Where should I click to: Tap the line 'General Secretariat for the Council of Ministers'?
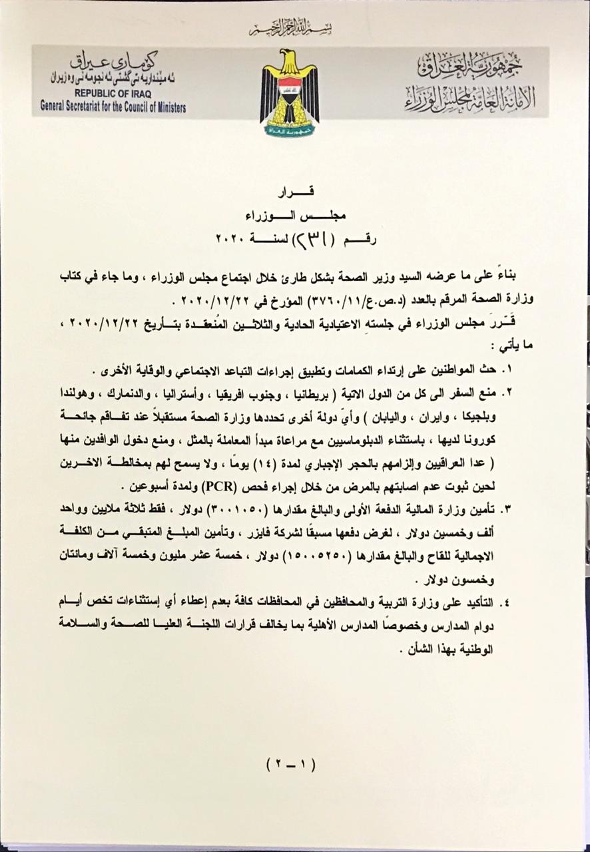click(113, 106)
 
